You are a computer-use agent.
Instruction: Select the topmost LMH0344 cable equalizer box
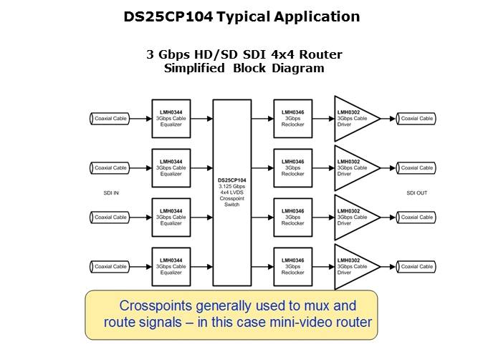click(171, 119)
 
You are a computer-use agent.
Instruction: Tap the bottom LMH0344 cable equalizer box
click(171, 266)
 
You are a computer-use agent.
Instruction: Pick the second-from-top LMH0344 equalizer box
click(171, 168)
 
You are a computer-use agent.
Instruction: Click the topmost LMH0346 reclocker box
click(292, 119)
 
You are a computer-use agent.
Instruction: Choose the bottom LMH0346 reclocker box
click(292, 266)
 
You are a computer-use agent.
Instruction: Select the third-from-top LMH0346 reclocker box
click(292, 217)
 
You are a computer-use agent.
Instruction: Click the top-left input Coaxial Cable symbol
click(110, 119)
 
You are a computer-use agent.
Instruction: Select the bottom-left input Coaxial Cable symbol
click(110, 266)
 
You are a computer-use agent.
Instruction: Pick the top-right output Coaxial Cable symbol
click(416, 119)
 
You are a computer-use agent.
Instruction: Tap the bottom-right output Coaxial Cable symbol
click(416, 266)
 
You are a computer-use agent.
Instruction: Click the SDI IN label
click(110, 192)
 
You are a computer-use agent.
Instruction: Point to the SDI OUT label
click(416, 192)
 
